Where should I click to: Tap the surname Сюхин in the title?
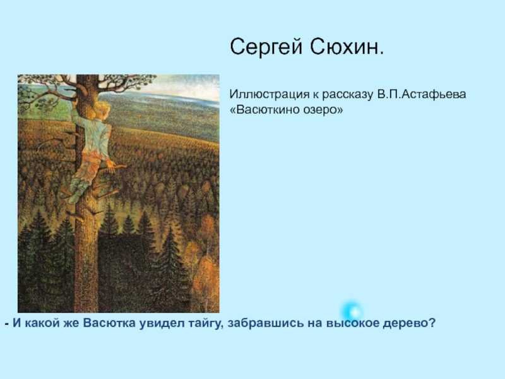347,47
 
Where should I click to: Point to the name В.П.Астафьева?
422,94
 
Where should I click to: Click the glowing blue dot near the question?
352,311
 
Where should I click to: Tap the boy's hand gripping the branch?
112,165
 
